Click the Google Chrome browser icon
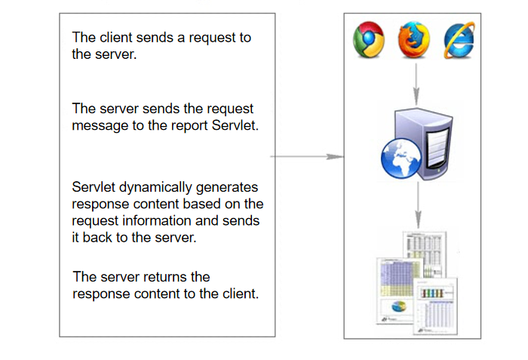pos(370,41)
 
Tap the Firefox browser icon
pos(414,41)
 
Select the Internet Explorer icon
pos(459,41)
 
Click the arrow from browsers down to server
pos(415,84)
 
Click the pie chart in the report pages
pos(399,307)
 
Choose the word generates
pos(229,187)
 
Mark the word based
pos(190,204)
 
